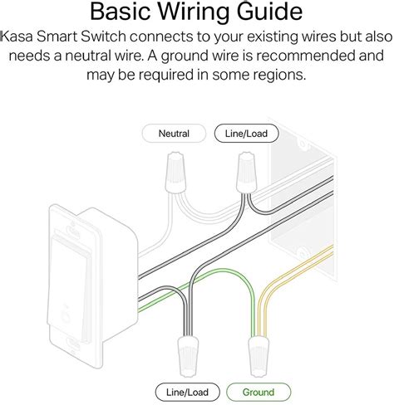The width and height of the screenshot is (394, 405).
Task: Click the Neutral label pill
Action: (x=174, y=134)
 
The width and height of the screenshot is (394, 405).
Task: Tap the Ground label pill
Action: (x=259, y=392)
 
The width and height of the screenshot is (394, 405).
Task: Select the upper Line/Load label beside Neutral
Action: (x=246, y=134)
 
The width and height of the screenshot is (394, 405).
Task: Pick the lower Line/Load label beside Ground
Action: (x=187, y=392)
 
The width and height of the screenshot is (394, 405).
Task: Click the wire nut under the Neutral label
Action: (x=175, y=173)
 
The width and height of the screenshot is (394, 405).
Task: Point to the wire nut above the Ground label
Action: (x=259, y=356)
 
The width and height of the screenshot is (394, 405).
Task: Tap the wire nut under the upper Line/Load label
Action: (x=247, y=173)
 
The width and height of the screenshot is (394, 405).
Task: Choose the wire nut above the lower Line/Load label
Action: (x=188, y=356)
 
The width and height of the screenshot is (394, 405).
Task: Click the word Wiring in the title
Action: (x=194, y=12)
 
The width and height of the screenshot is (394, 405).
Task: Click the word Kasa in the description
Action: (x=17, y=37)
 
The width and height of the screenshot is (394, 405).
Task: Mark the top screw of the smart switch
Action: (x=73, y=230)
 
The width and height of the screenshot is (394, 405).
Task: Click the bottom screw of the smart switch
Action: (x=73, y=345)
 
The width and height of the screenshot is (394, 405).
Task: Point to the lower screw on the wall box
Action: (x=303, y=252)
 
